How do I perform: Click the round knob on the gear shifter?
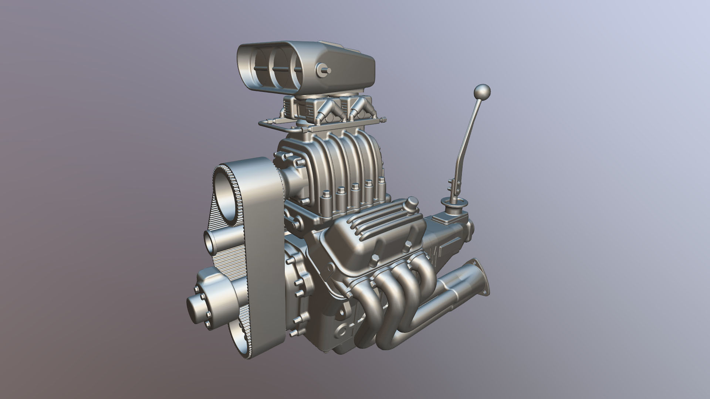482,92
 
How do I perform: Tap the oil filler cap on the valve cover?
411,203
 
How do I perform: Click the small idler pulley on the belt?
212,242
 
